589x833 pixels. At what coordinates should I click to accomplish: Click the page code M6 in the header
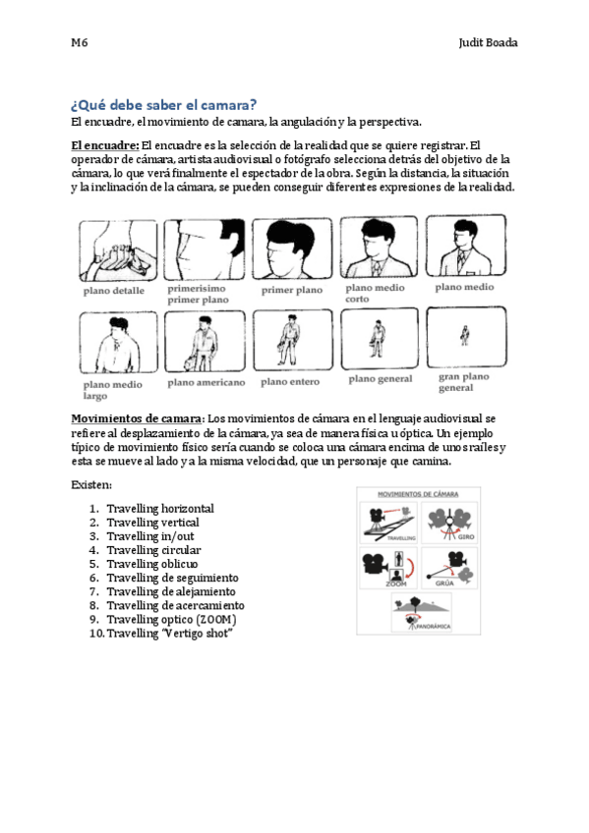80,44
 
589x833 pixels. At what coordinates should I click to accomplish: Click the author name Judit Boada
488,44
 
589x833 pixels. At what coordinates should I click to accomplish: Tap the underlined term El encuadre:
104,144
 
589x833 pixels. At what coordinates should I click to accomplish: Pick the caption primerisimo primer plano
200,295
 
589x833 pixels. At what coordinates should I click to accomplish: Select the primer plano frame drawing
291,250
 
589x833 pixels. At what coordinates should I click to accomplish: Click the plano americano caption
206,381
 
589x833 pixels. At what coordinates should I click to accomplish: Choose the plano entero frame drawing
291,339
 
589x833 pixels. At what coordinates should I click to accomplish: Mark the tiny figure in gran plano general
464,339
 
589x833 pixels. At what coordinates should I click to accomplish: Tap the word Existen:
91,485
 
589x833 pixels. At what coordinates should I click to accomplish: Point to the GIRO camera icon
451,521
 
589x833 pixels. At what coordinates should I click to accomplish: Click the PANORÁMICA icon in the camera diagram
418,610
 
